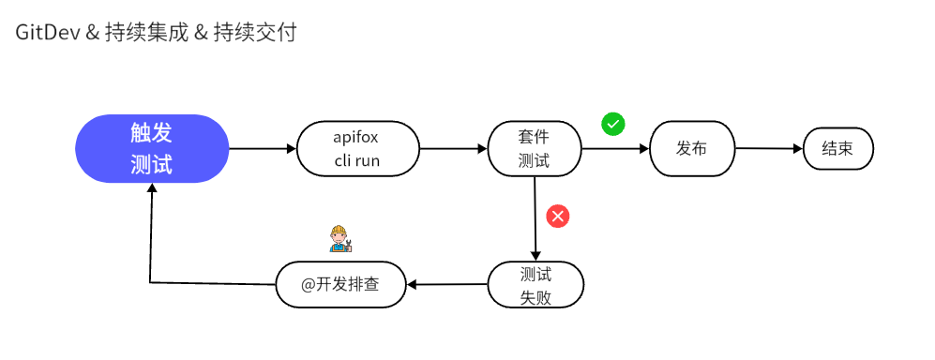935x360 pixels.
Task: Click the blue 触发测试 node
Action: click(x=152, y=148)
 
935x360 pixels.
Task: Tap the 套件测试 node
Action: click(x=535, y=148)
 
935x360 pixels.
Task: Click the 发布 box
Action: click(x=691, y=148)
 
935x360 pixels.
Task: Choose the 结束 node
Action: click(x=837, y=148)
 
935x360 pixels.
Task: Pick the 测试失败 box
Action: click(x=535, y=285)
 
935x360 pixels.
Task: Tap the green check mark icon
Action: click(x=613, y=123)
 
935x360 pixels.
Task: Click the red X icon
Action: click(x=558, y=217)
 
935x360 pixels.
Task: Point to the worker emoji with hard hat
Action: click(x=339, y=239)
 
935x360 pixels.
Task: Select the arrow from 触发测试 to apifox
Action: click(x=263, y=148)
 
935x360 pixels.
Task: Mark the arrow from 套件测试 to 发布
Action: click(x=615, y=148)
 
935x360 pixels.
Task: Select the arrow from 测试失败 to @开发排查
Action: click(x=446, y=285)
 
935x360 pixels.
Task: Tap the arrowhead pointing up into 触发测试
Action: click(x=151, y=188)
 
